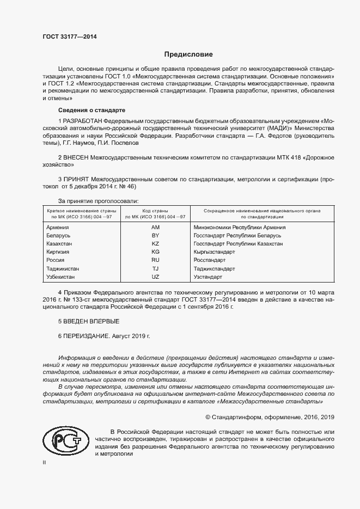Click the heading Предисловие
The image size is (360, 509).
click(188, 54)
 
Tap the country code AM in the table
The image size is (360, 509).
click(155, 227)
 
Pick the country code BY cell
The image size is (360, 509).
click(155, 235)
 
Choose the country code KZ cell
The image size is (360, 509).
click(155, 244)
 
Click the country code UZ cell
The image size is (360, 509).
click(155, 277)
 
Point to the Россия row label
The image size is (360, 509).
click(56, 260)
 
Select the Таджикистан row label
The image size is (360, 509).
click(63, 269)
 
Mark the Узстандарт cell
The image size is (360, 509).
click(208, 277)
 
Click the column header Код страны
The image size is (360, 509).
click(155, 210)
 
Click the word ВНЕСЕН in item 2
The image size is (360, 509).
click(76, 157)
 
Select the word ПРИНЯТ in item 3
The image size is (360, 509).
click(77, 178)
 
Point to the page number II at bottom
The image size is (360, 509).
click(45, 463)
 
